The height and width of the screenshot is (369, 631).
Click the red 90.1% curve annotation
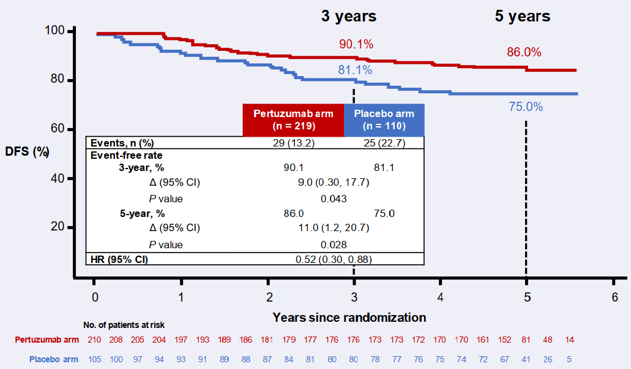pyautogui.click(x=356, y=44)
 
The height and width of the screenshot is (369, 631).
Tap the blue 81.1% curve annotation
pyautogui.click(x=355, y=70)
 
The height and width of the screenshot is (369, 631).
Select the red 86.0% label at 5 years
pyautogui.click(x=524, y=53)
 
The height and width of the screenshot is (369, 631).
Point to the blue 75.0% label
pyautogui.click(x=525, y=107)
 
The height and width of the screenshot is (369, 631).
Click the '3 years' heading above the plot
pyautogui.click(x=349, y=17)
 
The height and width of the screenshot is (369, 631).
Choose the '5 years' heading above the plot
pyautogui.click(x=523, y=17)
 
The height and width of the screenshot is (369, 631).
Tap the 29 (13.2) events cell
pyautogui.click(x=293, y=143)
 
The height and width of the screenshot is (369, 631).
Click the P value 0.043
pyautogui.click(x=334, y=199)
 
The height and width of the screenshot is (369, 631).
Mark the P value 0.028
pyautogui.click(x=334, y=245)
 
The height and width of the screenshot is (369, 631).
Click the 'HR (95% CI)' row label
pyautogui.click(x=119, y=259)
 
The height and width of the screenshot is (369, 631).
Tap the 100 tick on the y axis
pyautogui.click(x=59, y=31)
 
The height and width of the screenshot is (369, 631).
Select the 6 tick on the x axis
pyautogui.click(x=614, y=297)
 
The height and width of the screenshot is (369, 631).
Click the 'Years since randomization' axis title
pyautogui.click(x=349, y=318)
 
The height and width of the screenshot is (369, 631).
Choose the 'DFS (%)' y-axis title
pyautogui.click(x=27, y=151)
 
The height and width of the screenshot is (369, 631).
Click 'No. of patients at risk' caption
pyautogui.click(x=124, y=325)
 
